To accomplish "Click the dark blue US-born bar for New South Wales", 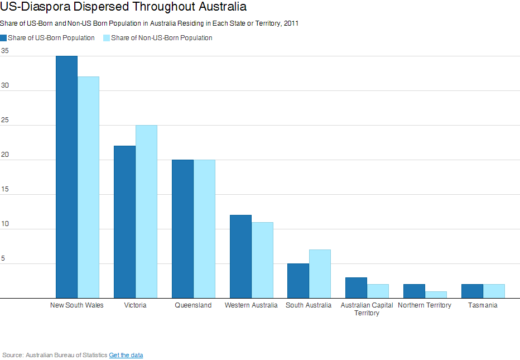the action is [x=66, y=177].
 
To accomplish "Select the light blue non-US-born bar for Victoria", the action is [x=146, y=212].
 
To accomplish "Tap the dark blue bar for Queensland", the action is [x=183, y=229].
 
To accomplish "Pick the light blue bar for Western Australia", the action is [x=262, y=260].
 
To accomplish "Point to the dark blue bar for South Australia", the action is [x=298, y=281].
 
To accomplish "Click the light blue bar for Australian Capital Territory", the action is [x=378, y=291].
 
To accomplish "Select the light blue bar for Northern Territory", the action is [x=436, y=295].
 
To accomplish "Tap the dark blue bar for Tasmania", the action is [x=472, y=291].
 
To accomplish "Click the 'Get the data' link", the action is [x=126, y=355].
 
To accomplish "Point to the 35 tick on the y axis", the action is [x=4, y=51].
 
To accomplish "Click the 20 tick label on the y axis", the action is [x=4, y=155].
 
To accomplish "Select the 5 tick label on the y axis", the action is [x=3, y=258].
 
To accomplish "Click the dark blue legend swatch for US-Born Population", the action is [x=3, y=38].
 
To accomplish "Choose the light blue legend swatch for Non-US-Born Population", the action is [x=107, y=38].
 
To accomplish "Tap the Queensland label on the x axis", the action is [x=194, y=305].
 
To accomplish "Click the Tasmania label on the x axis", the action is [x=483, y=305].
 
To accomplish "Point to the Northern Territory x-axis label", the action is [x=425, y=305].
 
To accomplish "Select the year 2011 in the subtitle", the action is [x=291, y=23].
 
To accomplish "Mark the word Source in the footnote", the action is [x=13, y=355].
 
